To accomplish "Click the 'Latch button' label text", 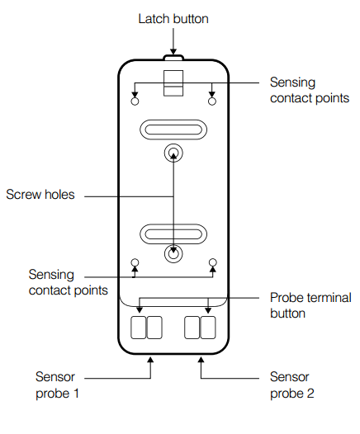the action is [x=173, y=19].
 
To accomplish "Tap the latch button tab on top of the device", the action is [x=173, y=57].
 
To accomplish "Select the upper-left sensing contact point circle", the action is [x=135, y=101].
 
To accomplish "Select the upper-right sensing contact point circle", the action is [x=212, y=101].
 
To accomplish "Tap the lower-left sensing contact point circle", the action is [x=135, y=262].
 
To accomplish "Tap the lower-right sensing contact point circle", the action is [x=213, y=262].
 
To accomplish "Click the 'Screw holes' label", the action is [x=40, y=194].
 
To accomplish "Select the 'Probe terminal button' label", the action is [x=310, y=305].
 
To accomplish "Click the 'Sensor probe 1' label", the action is [x=57, y=385].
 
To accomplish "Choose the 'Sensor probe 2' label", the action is [x=291, y=385].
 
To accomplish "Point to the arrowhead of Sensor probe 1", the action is [x=150, y=360].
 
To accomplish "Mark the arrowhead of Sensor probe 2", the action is [x=201, y=360].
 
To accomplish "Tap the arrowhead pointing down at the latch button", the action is [x=173, y=52].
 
